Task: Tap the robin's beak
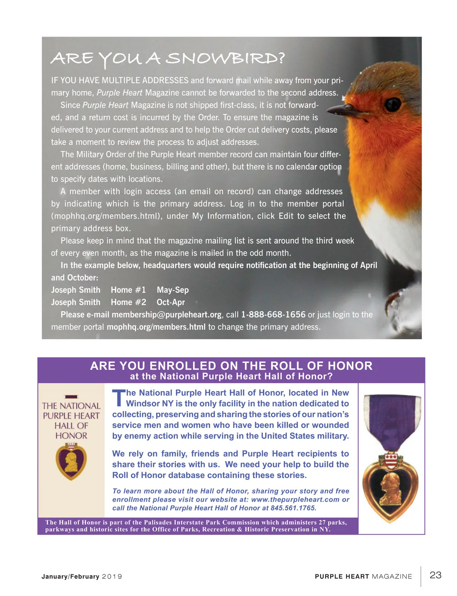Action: pyautogui.click(x=339, y=110)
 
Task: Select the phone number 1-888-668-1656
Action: pyautogui.click(x=273, y=315)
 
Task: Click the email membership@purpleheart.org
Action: pyautogui.click(x=166, y=315)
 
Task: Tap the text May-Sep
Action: pyautogui.click(x=173, y=290)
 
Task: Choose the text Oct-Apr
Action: pyautogui.click(x=171, y=302)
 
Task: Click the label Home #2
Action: pyautogui.click(x=128, y=302)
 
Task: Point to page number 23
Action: pyautogui.click(x=435, y=575)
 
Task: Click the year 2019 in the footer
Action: pyautogui.click(x=112, y=577)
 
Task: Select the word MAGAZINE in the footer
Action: pyautogui.click(x=392, y=577)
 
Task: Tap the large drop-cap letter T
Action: pyautogui.click(x=118, y=397)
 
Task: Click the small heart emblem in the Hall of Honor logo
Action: pyautogui.click(x=71, y=461)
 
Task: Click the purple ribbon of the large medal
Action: pyautogui.click(x=392, y=419)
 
